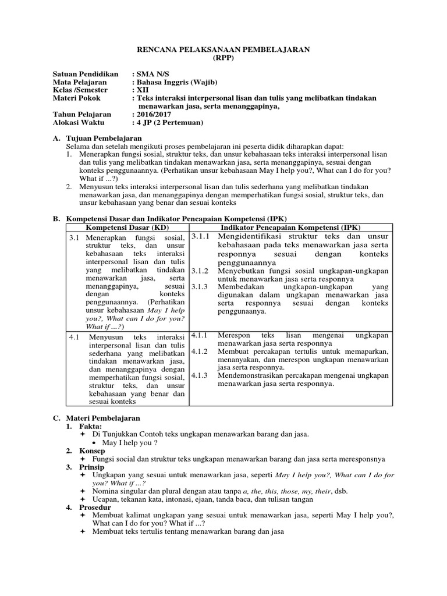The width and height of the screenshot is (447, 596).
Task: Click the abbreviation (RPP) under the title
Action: [x=223, y=58]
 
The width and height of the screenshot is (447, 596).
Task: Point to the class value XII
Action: [x=143, y=90]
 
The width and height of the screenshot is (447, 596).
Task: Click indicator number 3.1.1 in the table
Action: [x=200, y=236]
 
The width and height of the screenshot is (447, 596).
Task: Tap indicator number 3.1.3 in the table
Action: [x=200, y=287]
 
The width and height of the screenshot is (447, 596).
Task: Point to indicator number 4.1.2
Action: [x=200, y=352]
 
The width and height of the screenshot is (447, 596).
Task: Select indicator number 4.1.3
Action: [x=200, y=375]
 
